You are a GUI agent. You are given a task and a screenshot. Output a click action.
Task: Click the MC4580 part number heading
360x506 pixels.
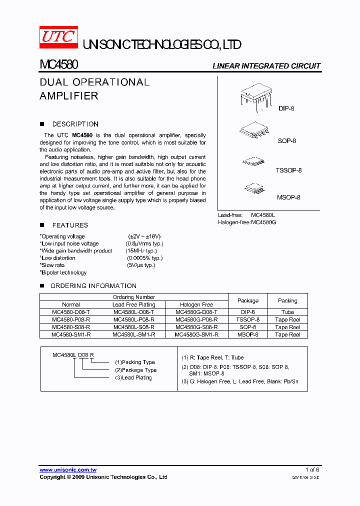pos(58,65)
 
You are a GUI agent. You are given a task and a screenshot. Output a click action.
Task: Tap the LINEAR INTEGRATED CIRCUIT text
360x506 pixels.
pos(266,66)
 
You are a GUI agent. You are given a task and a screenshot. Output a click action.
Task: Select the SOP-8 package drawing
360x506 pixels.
pos(255,131)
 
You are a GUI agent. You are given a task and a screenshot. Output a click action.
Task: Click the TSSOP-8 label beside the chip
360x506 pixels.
pos(288,170)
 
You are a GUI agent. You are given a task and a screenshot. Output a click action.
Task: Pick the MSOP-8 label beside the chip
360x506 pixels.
pos(288,197)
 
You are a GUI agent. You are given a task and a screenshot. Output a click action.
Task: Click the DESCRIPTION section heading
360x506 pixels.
pos(75,124)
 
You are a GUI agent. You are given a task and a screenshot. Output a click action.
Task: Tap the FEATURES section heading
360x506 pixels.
pos(70,225)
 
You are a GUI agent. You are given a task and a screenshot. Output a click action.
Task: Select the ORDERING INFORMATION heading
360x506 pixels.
pos(93,286)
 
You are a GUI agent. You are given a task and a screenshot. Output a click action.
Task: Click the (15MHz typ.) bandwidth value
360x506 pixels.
pos(141,251)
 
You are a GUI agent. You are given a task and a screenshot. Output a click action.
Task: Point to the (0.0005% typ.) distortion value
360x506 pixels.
pos(144,258)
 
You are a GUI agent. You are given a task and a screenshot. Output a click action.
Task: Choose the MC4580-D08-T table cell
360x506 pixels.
pos(71,312)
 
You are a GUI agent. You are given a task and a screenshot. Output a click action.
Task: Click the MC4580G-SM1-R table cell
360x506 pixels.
pos(196,334)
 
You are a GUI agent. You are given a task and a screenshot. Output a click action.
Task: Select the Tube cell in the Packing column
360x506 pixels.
pos(287,312)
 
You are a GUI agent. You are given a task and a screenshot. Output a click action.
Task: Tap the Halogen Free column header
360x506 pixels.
pos(196,304)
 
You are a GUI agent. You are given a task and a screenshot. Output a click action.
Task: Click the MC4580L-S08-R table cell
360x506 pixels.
pos(133,327)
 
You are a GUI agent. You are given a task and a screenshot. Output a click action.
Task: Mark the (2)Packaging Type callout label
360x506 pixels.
pos(135,370)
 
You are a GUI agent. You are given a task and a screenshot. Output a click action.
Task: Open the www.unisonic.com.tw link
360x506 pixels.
pos(68,470)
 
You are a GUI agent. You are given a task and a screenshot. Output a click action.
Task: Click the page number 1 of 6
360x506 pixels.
pos(312,470)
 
